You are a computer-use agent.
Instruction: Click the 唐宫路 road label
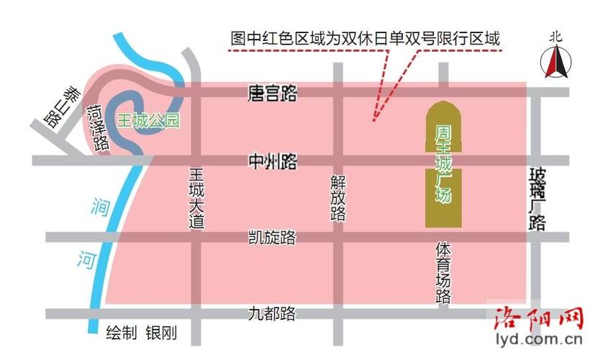(x=272, y=93)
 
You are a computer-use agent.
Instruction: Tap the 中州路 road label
(x=272, y=161)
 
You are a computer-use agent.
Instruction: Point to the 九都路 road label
(x=272, y=314)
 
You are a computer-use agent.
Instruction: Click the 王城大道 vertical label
(x=196, y=198)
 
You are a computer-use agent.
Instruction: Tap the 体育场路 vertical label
(x=443, y=272)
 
